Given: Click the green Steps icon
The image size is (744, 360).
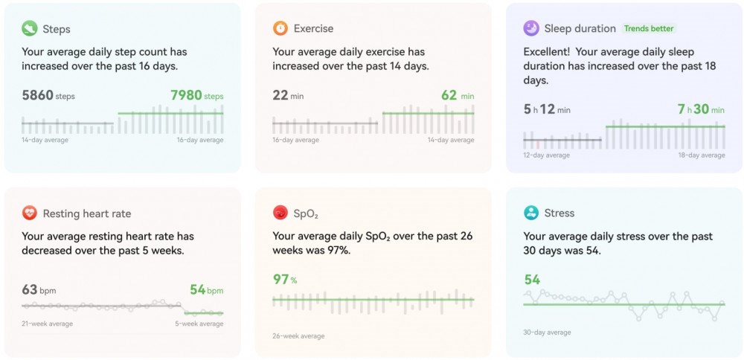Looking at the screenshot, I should click(30, 29).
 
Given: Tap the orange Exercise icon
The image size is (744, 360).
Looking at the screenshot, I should click(280, 29).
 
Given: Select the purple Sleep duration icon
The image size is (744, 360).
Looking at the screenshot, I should click(531, 28).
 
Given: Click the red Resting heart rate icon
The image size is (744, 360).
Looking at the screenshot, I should click(30, 213).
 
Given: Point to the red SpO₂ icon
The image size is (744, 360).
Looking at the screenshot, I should click(280, 213).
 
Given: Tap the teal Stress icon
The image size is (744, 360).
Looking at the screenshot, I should click(531, 213).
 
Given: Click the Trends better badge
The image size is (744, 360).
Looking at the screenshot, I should click(648, 29).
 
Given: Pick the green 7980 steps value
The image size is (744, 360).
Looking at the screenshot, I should click(196, 95).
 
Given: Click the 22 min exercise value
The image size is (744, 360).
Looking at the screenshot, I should click(288, 95).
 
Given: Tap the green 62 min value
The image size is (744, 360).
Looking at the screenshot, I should click(457, 95).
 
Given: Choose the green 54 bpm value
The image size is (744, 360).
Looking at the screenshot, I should click(202, 289).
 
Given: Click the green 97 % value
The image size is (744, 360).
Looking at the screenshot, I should click(284, 280).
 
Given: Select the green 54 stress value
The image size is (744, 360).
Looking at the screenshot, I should click(532, 280).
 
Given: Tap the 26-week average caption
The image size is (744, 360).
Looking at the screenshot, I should click(298, 336).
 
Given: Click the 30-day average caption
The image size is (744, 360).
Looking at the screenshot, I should click(548, 332).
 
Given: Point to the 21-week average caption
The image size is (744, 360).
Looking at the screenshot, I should click(45, 324).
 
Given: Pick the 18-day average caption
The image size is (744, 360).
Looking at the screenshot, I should click(702, 155).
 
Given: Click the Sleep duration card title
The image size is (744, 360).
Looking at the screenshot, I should click(580, 29).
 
